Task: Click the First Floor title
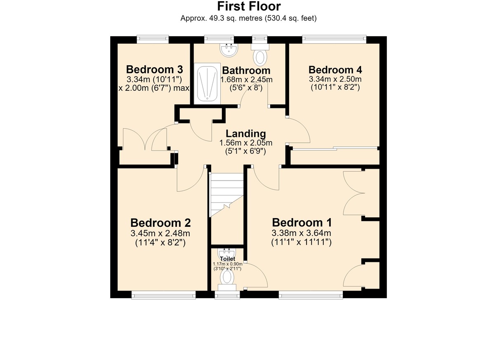249,7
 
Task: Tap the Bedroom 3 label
154,70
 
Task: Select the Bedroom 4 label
335,70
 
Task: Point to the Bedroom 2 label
160,223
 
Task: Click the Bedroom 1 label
302,223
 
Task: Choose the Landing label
246,134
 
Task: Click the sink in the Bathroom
229,50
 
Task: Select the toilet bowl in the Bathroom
260,55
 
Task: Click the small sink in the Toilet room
227,252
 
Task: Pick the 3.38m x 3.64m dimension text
301,233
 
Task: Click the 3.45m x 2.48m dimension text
160,233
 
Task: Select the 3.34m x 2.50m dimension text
335,79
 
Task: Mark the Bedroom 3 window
153,39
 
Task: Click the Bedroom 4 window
334,39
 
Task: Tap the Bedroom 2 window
163,295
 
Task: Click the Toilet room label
228,259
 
